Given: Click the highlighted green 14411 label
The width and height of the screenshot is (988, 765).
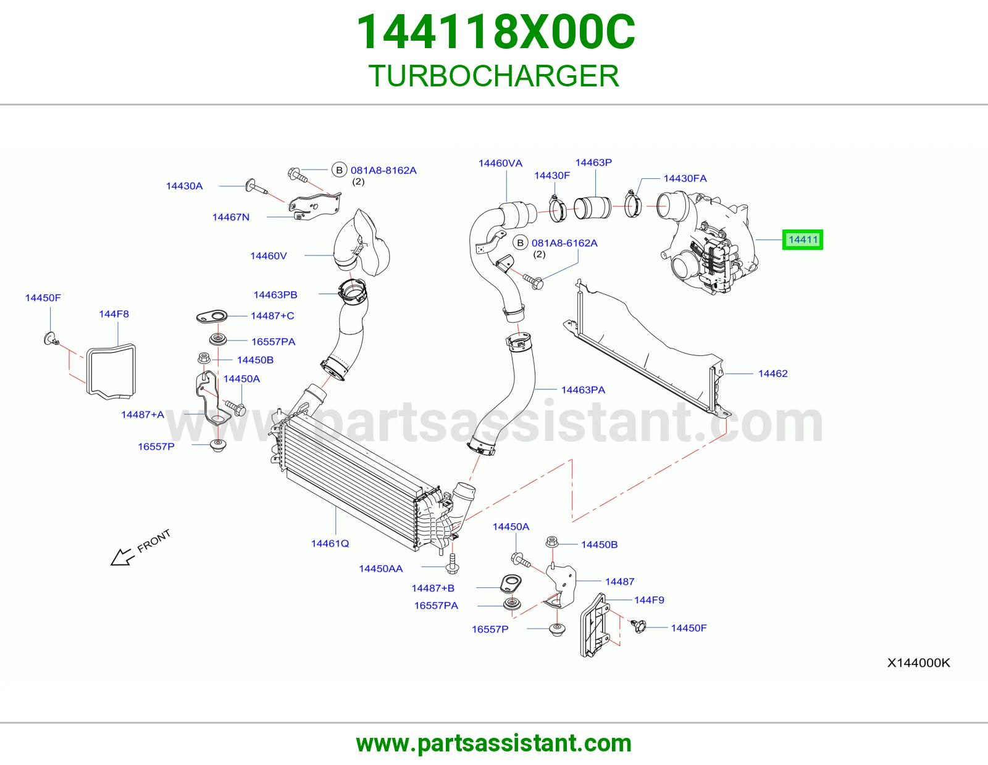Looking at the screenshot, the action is (x=803, y=239).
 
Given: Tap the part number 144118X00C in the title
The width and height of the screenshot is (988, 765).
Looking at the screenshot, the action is (x=496, y=32).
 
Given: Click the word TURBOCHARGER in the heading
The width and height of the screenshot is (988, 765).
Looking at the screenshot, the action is (x=494, y=76).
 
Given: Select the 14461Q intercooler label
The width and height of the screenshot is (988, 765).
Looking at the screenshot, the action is (x=330, y=544).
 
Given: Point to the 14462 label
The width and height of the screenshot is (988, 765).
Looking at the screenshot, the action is (x=773, y=373).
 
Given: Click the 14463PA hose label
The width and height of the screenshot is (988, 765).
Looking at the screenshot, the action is (x=583, y=390).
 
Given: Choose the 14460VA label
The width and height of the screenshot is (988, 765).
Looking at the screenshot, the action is (x=500, y=163).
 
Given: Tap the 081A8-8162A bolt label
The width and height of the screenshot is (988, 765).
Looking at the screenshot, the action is (x=383, y=170).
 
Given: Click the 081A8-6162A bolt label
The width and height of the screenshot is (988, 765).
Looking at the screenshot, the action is (x=564, y=243).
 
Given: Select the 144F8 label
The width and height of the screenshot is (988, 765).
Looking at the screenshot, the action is (x=114, y=314).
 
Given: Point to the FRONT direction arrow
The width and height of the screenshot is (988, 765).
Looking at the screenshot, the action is (x=141, y=547).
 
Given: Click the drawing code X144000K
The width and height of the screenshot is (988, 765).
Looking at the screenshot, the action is (x=918, y=663).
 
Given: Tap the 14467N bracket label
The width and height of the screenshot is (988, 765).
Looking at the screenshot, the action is (x=231, y=217).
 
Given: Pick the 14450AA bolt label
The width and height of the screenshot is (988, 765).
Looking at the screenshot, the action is (x=381, y=569).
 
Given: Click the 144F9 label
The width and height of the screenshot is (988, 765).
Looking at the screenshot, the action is (x=649, y=600).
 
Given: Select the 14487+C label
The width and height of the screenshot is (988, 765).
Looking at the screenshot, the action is (x=272, y=316).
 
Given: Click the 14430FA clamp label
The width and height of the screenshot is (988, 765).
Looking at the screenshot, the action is (x=685, y=178).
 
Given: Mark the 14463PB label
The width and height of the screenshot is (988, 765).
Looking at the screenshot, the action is (x=275, y=295).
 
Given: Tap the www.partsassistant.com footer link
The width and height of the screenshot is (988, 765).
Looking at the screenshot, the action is (x=494, y=743).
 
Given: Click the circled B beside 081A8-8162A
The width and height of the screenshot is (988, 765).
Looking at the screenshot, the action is (x=339, y=170).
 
